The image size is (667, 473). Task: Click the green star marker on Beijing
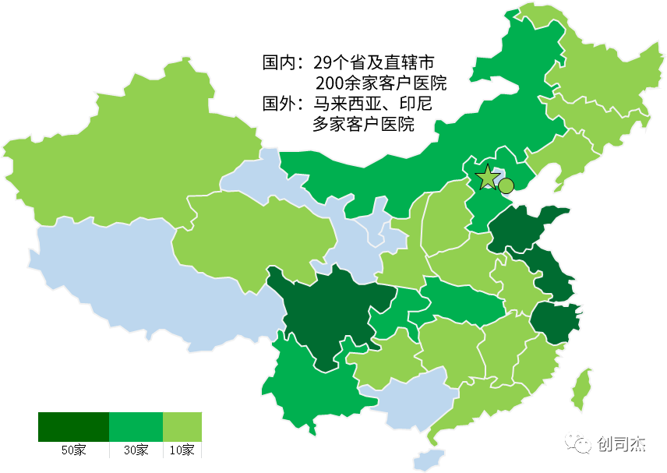coord(487,178)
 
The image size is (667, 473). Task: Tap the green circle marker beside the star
coord(506,185)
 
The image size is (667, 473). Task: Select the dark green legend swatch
coord(73,427)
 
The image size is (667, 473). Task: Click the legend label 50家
coord(74,450)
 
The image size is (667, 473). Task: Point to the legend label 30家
coord(136,450)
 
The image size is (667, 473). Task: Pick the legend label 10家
coord(182,450)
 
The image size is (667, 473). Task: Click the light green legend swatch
coord(182,427)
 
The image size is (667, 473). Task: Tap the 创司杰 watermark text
coord(622,444)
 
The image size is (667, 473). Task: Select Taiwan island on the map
coord(580,389)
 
